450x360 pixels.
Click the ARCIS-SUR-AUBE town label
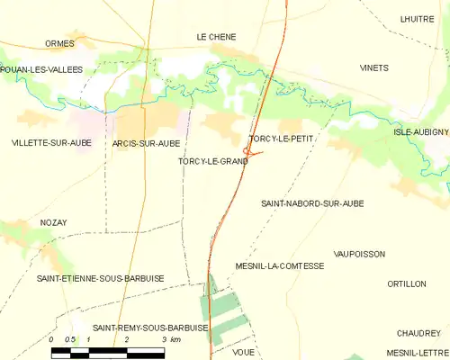point(147,143)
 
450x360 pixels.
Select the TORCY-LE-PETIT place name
point(280,139)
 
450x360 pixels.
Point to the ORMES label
point(59,43)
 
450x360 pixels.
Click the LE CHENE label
point(216,37)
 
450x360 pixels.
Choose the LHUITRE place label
point(417,18)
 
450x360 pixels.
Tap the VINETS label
point(374,68)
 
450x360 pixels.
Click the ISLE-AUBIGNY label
point(420,131)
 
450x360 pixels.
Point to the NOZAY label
point(54,222)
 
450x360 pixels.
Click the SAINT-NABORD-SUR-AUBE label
point(312,204)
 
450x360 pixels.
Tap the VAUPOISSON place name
point(359,255)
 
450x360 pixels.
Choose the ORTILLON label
point(406,283)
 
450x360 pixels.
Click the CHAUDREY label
point(415,332)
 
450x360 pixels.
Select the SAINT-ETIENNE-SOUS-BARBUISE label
point(100,279)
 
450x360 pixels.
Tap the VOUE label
point(243,352)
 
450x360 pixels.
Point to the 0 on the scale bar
point(52,339)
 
